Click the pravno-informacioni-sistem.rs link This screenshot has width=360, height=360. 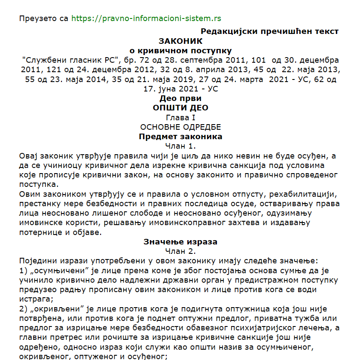click(146, 18)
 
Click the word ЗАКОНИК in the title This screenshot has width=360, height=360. click(180, 41)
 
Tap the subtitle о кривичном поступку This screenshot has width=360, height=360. click(180, 51)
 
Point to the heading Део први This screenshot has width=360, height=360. click(180, 98)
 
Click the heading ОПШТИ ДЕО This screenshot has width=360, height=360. click(180, 107)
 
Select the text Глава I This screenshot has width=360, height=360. click(180, 117)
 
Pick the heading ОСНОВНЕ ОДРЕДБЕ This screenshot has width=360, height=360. click(180, 127)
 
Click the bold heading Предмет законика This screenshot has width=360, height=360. click(180, 137)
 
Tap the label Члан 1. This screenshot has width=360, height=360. click(180, 146)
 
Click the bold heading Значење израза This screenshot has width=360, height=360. click(180, 241)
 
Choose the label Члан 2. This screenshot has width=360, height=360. click(180, 251)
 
